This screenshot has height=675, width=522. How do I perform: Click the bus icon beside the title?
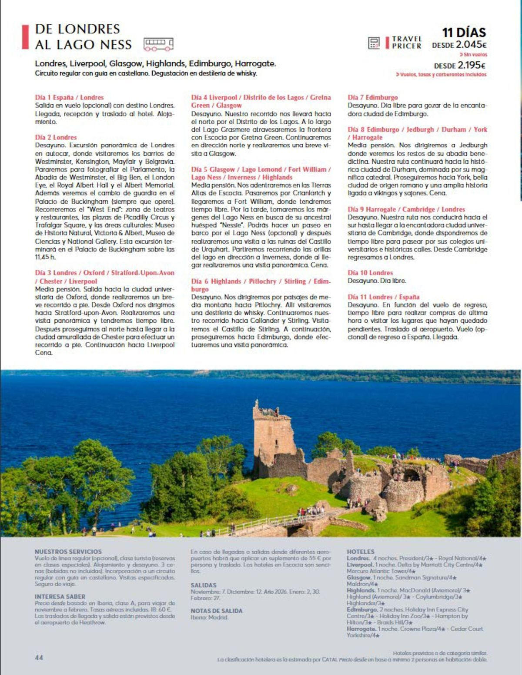point(158,44)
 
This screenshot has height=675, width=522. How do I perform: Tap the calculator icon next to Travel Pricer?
point(374,43)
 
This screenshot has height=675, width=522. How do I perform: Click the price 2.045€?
point(471,44)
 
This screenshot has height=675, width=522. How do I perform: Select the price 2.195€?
point(472,65)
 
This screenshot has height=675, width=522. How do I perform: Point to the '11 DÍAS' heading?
point(464,32)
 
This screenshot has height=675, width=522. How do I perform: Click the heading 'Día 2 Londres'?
point(56,137)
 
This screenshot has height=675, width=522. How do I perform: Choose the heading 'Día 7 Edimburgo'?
point(372,97)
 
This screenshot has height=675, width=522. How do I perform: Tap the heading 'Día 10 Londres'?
point(370,273)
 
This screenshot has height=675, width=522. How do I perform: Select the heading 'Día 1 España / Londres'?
point(69,97)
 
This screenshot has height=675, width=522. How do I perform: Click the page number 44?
point(39,658)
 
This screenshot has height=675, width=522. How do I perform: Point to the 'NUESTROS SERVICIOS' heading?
point(68,552)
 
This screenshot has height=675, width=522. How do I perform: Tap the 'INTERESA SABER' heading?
point(60,597)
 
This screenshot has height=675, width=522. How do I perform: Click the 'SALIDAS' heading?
point(204,585)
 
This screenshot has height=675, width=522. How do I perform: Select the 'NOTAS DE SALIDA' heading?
point(217,611)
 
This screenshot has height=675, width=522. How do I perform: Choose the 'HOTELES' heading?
point(360,552)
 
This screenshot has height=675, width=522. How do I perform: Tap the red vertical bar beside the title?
point(25,37)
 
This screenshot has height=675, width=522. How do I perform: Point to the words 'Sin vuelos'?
point(475,55)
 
